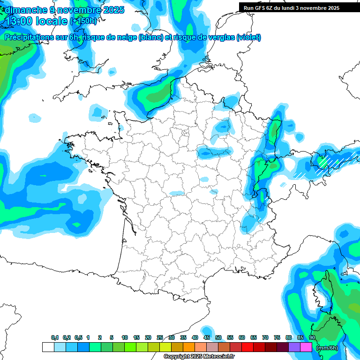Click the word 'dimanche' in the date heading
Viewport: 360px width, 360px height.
24,10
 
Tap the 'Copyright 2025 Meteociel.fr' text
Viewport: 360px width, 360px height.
199,357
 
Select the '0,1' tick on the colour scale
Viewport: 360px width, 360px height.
55,338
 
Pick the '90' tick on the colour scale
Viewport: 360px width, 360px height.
312,338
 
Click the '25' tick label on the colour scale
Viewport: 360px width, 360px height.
160,338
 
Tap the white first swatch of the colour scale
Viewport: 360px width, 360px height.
48,347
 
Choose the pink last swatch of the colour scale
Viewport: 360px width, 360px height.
306,347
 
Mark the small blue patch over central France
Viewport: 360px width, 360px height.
177,193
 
